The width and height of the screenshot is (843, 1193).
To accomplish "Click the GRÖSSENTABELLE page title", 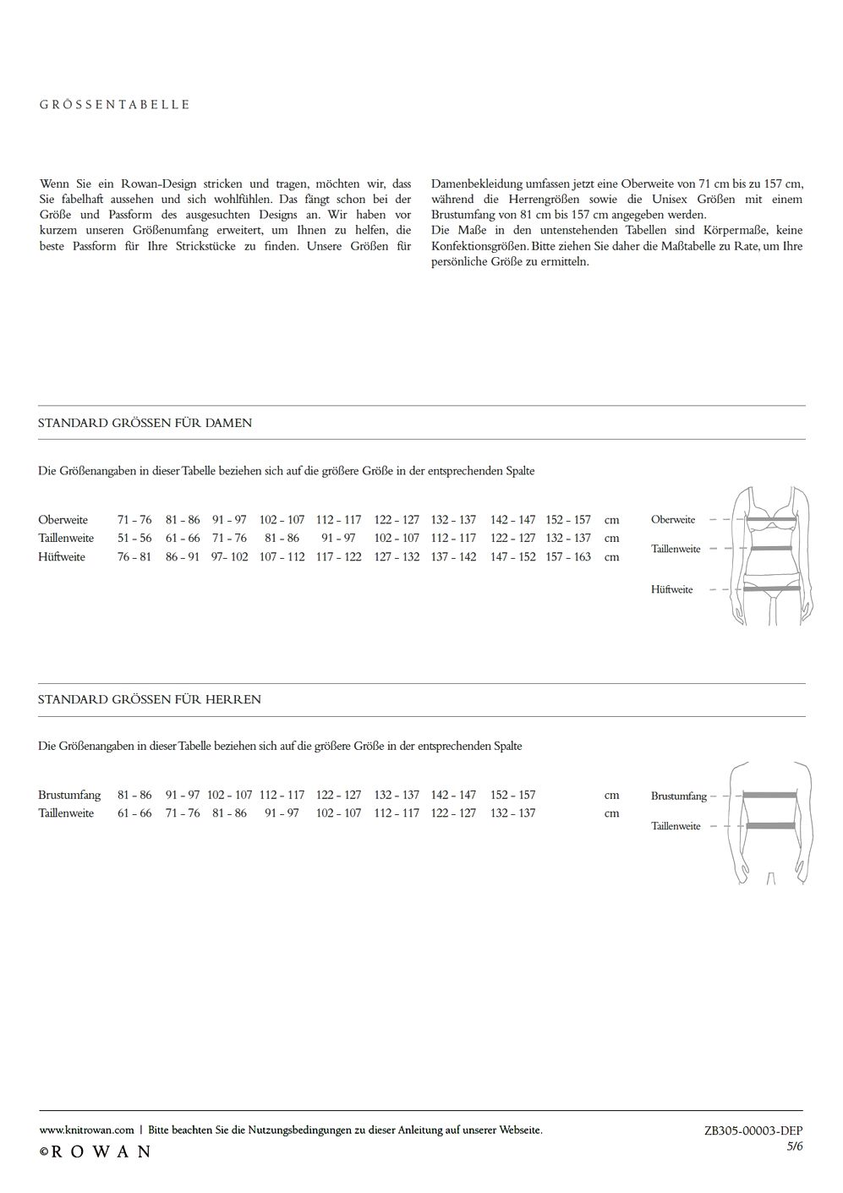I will coord(114,105).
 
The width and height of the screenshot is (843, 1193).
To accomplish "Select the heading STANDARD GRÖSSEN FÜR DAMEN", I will coord(145,423).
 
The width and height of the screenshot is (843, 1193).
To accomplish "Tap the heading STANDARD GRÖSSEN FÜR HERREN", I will coord(149,700).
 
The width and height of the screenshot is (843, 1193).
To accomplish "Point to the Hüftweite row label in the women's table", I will coord(62,557).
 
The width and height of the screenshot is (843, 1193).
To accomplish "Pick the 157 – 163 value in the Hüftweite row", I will coord(568,557).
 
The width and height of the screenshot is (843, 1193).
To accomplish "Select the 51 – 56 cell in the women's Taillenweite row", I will coord(134,539).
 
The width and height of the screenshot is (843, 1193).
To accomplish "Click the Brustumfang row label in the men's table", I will coord(69,795).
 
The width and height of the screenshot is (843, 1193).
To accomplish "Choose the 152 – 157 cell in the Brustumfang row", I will coord(512,795).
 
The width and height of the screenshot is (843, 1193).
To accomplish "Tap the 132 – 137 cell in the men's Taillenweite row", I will coord(512,813).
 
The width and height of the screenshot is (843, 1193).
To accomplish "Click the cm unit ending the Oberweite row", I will coord(611,520).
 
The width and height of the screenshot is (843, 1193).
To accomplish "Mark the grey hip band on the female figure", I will coord(770,588).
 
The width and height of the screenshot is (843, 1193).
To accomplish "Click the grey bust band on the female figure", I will coord(770,520).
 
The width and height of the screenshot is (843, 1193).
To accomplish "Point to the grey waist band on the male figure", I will coord(769,826).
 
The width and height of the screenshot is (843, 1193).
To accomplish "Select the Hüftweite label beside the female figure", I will coord(671,590).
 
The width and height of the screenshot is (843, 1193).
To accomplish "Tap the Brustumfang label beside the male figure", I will coord(678,796).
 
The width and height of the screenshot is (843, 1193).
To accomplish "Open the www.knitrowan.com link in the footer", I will coord(87,1130).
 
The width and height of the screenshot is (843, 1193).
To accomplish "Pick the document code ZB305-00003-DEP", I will coord(753,1130).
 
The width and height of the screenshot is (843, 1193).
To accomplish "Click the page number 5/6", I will coord(794,1146).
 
